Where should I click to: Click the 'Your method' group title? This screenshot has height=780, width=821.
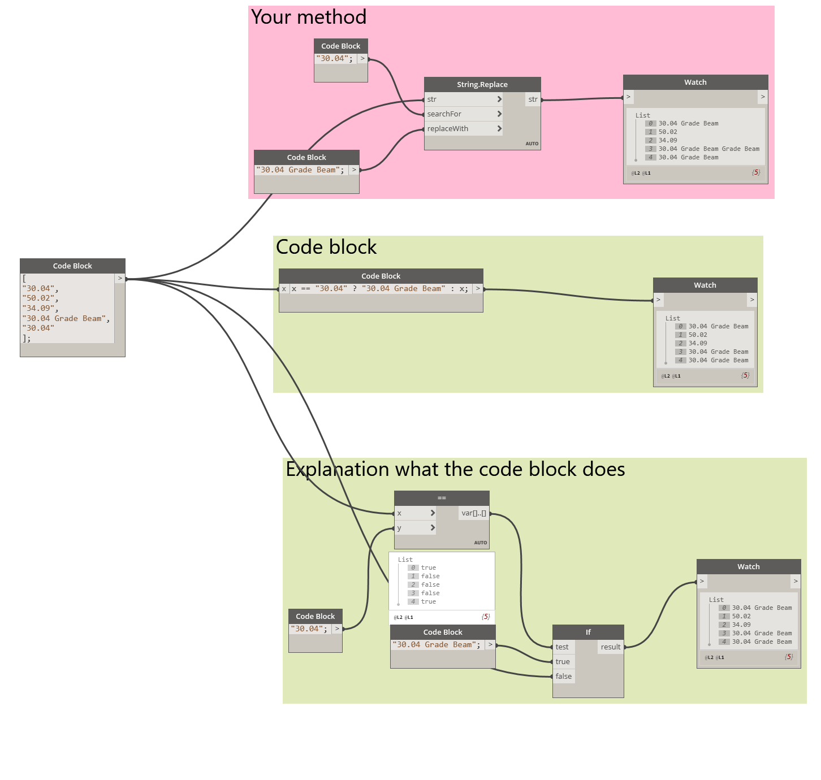(309, 17)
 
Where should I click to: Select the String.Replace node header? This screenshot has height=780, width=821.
(482, 84)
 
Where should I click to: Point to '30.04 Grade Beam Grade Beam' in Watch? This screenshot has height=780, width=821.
(708, 149)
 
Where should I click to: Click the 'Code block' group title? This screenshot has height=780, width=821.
(326, 247)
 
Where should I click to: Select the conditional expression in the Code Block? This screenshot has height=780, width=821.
(380, 289)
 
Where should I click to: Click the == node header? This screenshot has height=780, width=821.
(442, 498)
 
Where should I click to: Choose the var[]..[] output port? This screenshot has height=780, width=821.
(474, 513)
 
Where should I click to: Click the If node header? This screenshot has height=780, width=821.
(588, 632)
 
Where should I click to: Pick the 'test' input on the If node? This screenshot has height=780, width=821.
(563, 647)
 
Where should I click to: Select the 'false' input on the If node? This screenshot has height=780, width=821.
(564, 676)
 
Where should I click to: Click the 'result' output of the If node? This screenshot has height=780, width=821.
(611, 647)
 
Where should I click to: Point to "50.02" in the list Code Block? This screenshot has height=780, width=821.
(38, 298)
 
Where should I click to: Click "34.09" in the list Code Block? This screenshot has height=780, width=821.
(38, 309)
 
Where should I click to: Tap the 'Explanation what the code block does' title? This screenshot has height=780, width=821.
(455, 469)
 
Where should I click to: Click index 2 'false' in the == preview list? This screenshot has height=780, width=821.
(430, 584)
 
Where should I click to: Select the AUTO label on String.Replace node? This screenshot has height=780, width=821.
(532, 144)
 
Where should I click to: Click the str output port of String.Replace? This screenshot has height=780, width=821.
(533, 99)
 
